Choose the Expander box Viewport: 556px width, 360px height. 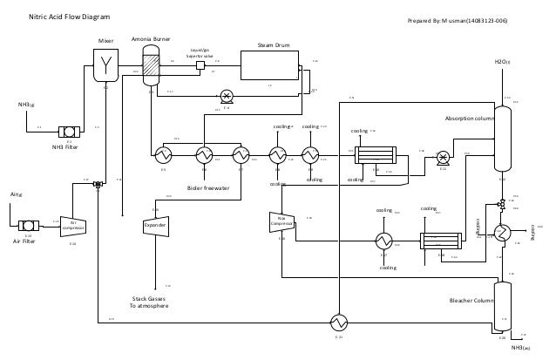(155, 226)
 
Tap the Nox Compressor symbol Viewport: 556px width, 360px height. (281, 221)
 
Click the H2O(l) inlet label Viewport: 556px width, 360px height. (503, 62)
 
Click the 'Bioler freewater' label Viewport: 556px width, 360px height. (209, 187)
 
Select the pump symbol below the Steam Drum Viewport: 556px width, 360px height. (227, 96)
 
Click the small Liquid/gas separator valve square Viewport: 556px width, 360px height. (200, 65)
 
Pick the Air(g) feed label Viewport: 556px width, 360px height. (15, 194)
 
